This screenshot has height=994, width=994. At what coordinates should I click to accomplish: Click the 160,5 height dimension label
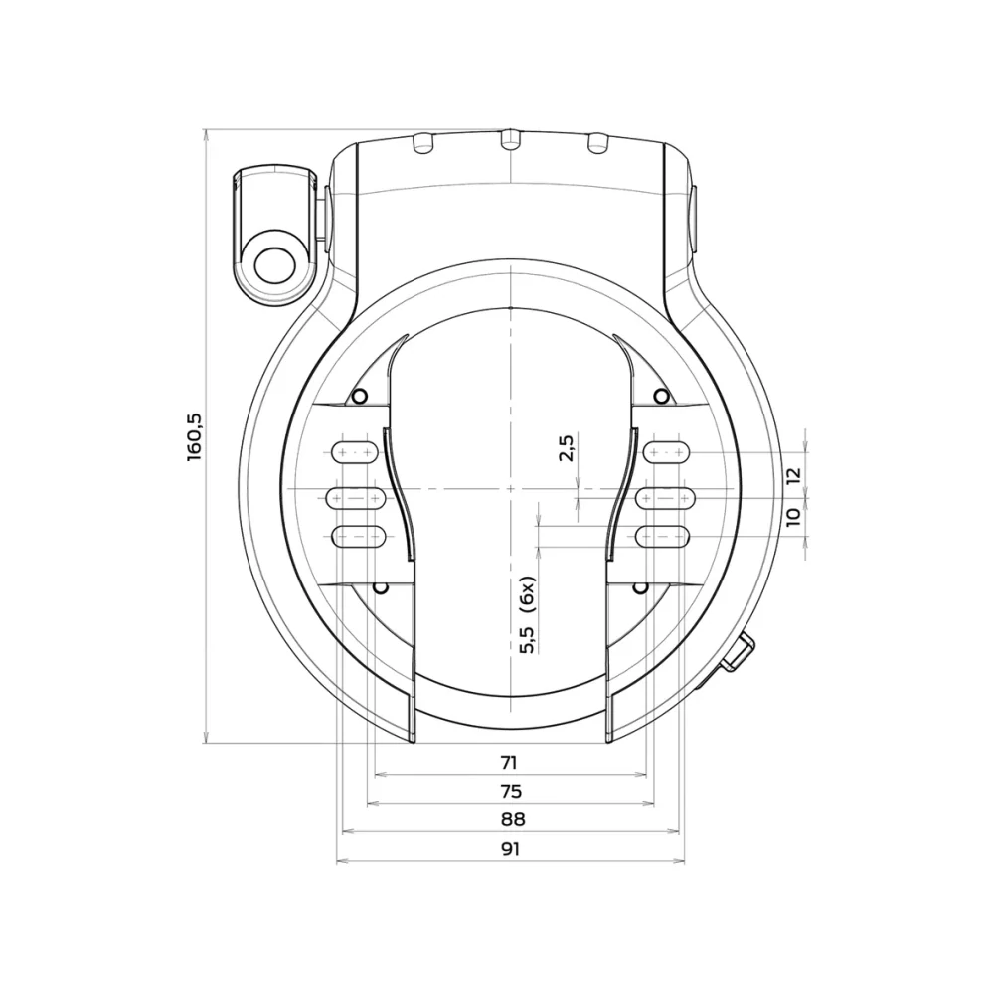point(195,435)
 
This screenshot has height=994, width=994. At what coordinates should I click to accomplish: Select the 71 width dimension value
point(509,763)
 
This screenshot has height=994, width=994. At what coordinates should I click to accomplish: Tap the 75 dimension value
point(511,792)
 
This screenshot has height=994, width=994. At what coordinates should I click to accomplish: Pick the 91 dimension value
point(511,849)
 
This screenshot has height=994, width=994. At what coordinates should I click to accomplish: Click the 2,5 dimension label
point(567,449)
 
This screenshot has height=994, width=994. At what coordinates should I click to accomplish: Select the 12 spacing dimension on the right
point(792,476)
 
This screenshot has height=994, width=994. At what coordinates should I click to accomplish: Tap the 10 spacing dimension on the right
point(792,517)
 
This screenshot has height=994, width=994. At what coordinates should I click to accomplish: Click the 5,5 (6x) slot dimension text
point(529,615)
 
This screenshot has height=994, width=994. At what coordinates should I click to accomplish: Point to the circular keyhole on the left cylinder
point(273,265)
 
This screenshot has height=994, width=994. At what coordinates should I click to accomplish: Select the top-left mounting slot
point(355,452)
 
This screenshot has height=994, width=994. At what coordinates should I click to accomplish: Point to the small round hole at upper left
point(361,397)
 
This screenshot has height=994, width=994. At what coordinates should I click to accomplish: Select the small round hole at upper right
point(660,397)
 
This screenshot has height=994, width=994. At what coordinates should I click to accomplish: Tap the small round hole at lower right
point(642,588)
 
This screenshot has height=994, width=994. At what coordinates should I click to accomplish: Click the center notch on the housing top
point(509,139)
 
